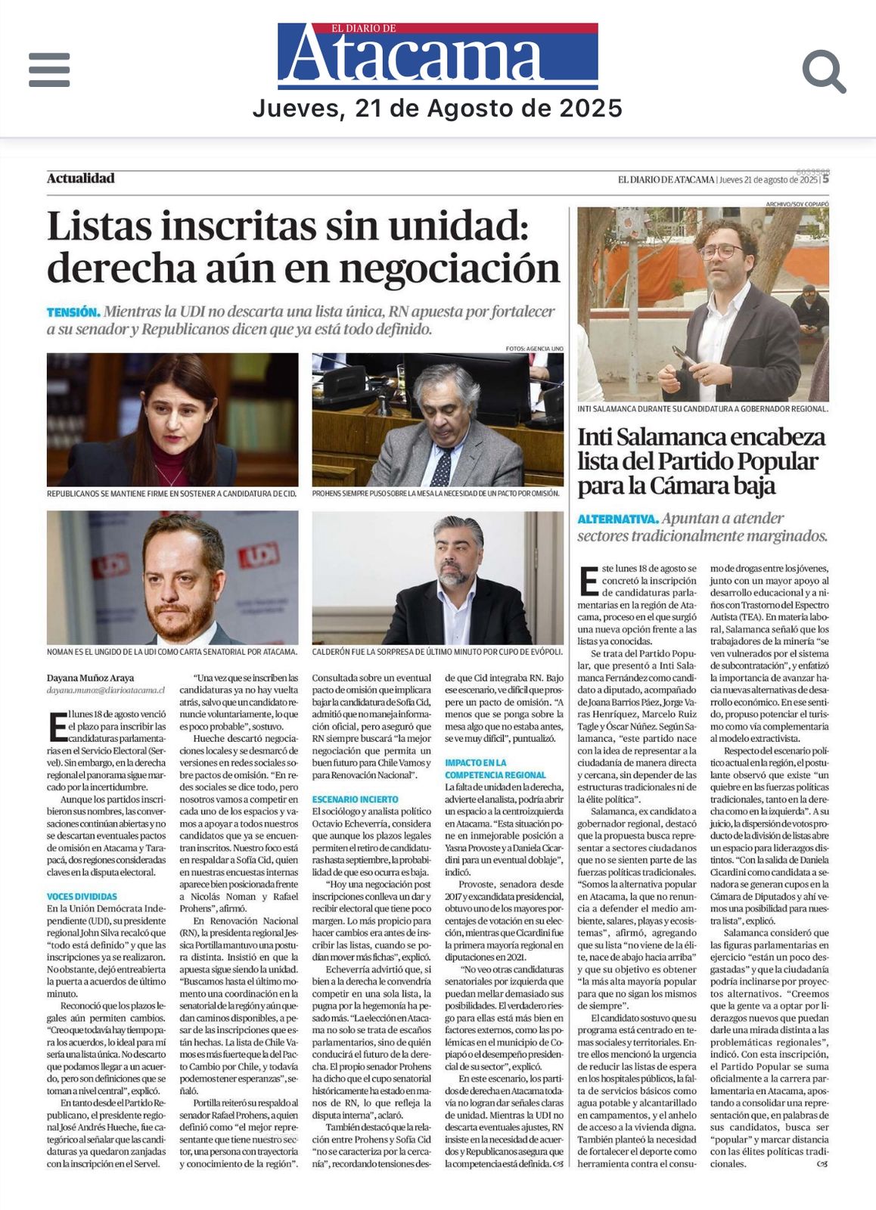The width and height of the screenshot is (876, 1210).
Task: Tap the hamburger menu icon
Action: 49,70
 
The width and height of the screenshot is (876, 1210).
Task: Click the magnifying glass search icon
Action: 823,71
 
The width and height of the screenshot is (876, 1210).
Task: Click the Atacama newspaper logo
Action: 437,56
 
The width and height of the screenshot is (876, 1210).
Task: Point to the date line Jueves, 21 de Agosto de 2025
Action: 437,109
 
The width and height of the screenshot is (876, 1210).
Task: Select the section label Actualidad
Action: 80,178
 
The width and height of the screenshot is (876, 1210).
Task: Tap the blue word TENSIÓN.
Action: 73,312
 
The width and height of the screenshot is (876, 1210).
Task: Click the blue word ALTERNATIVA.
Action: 617,520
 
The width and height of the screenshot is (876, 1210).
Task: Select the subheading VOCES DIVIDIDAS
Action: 82,896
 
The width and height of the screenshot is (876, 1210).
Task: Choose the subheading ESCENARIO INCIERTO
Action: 355,799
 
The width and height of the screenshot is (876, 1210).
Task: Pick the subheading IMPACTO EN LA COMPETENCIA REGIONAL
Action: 495,769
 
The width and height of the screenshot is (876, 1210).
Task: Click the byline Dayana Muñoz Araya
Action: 90,678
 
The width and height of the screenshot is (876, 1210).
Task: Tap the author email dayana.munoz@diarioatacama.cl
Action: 105,690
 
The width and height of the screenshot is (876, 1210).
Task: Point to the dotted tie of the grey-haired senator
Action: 442,465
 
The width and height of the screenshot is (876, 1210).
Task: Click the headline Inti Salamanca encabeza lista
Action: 701,461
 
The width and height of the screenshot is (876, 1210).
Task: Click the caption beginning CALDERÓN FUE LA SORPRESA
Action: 437,651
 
